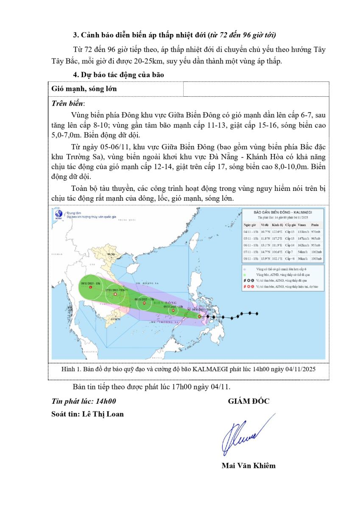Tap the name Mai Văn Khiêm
coord(248,465)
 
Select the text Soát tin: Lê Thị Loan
coord(87,414)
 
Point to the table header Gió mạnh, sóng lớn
coord(84,89)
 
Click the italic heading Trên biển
coord(68,103)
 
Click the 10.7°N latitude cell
coord(265,232)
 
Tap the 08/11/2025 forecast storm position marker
coord(90,287)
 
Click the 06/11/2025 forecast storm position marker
coord(144,303)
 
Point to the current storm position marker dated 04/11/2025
coord(200,316)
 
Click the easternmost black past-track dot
coord(257,313)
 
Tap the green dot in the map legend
coord(245,275)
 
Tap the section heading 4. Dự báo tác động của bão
coord(118,74)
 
